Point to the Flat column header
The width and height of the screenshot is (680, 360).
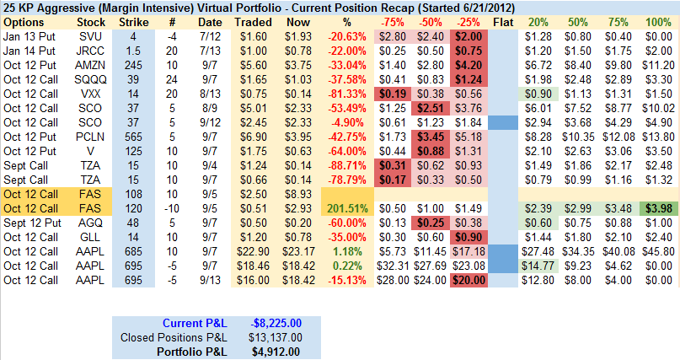pyautogui.click(x=501, y=20)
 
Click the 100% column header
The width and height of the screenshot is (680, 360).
pyautogui.click(x=658, y=20)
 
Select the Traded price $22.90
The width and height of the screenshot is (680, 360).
pyautogui.click(x=253, y=250)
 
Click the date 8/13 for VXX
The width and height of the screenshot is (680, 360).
pyautogui.click(x=211, y=93)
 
